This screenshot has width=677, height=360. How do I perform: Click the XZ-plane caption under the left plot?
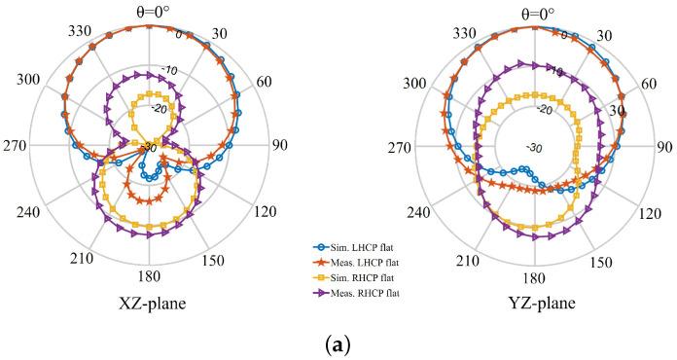[149, 303]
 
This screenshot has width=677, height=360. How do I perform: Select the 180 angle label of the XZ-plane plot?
[149, 277]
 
